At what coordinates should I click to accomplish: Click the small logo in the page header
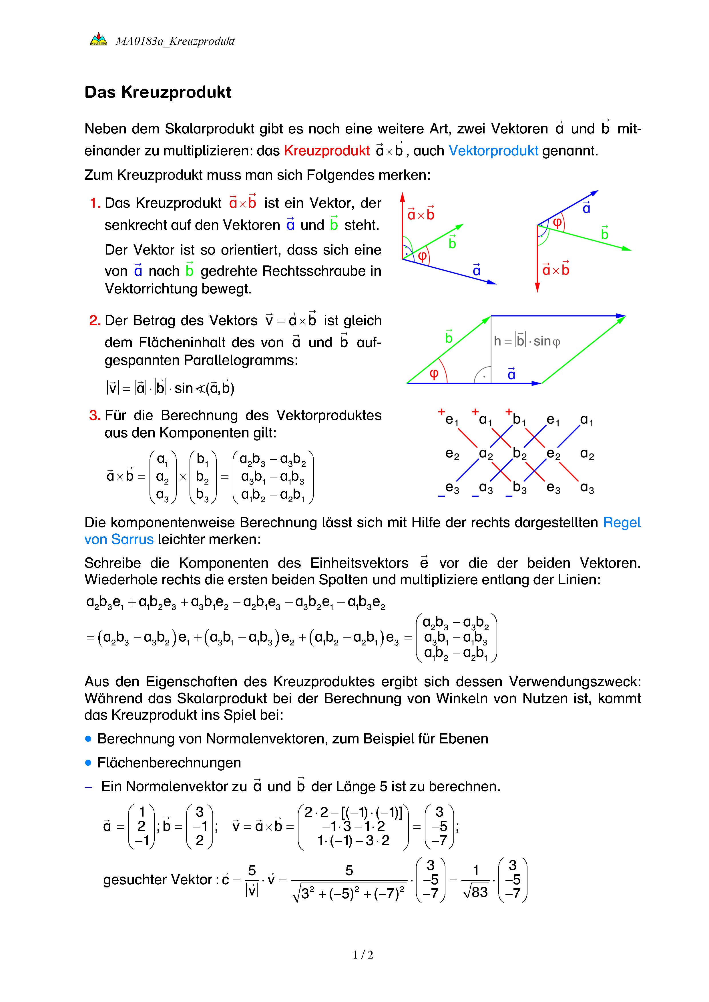pyautogui.click(x=98, y=40)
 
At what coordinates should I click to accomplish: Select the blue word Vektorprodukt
pyautogui.click(x=493, y=151)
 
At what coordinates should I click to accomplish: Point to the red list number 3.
pyautogui.click(x=94, y=415)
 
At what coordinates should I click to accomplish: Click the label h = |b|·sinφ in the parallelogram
pyautogui.click(x=527, y=341)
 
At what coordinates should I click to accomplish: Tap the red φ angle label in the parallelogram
pyautogui.click(x=433, y=374)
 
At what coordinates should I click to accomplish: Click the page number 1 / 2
pyautogui.click(x=363, y=955)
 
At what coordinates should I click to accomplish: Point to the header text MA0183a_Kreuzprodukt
pyautogui.click(x=175, y=41)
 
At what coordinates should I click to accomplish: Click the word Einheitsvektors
pyautogui.click(x=359, y=563)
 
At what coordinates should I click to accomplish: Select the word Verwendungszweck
pyautogui.click(x=575, y=682)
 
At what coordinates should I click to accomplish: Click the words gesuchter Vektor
pyautogui.click(x=158, y=879)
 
